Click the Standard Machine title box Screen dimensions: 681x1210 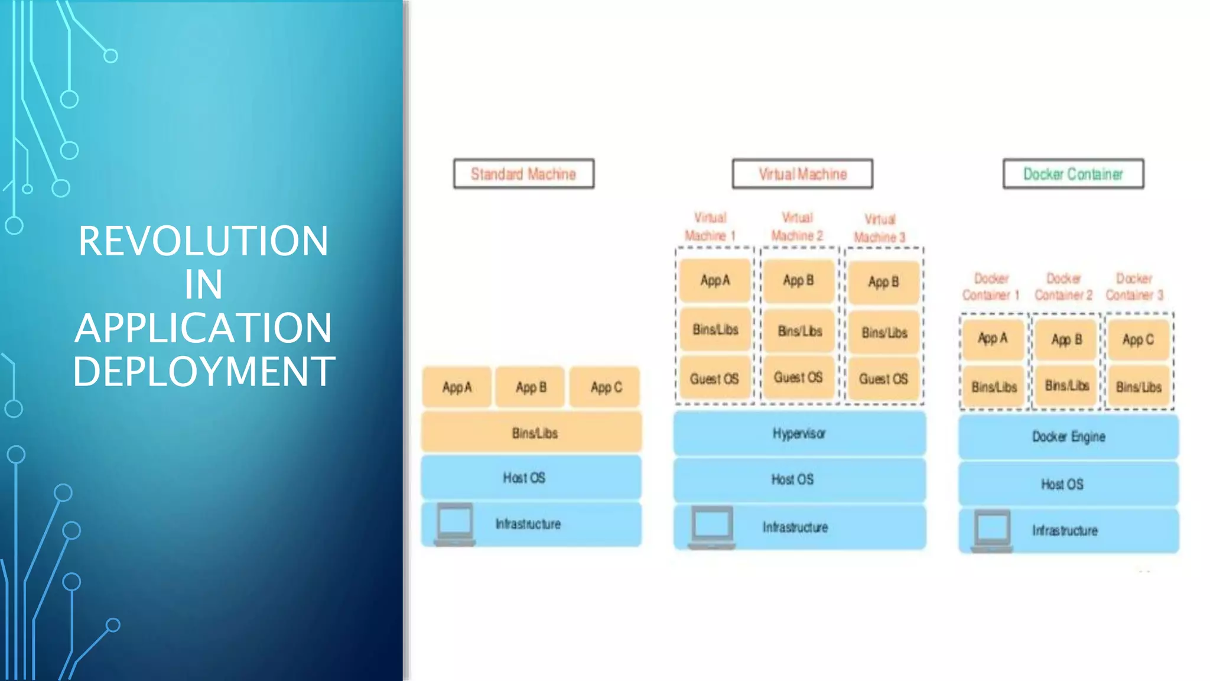tap(523, 174)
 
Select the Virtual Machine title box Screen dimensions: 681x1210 tap(802, 174)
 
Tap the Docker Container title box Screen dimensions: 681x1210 tap(1073, 174)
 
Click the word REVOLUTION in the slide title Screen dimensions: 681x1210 tap(203, 241)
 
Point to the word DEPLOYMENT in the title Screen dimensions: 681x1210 tap(203, 371)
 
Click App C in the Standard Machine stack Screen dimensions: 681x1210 tap(606, 388)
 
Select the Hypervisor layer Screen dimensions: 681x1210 tap(799, 433)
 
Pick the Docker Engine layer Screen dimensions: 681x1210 tap(1068, 437)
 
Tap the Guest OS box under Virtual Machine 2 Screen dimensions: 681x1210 tap(798, 378)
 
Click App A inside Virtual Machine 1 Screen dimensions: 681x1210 tap(715, 280)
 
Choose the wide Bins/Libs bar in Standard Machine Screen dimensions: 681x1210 tap(532, 433)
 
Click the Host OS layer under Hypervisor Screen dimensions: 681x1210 tap(799, 479)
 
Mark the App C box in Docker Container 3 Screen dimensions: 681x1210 tap(1138, 340)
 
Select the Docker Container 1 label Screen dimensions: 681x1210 tap(991, 287)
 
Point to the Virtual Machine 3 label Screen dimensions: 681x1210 tap(880, 228)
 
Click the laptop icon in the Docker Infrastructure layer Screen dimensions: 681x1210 tap(992, 530)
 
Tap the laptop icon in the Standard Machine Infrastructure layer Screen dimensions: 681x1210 tap(454, 524)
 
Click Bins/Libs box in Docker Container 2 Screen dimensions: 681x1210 tap(1066, 386)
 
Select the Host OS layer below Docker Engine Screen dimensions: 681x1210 tap(1068, 484)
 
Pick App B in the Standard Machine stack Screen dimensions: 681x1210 tap(531, 388)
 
